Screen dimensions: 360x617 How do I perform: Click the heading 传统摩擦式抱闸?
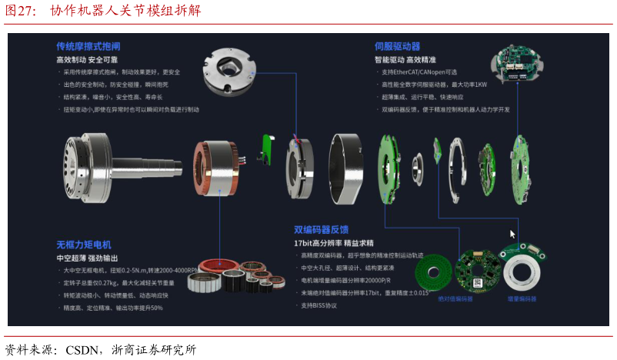(x=88, y=46)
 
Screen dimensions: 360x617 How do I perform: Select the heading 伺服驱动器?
(x=397, y=46)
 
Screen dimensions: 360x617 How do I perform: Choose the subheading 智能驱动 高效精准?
(x=405, y=59)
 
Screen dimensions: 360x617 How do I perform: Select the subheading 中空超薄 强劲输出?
(x=86, y=258)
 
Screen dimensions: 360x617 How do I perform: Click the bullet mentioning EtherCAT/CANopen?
(x=424, y=72)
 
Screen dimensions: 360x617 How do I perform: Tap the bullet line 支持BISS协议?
(x=319, y=305)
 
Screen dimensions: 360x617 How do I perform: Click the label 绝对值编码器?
(x=455, y=298)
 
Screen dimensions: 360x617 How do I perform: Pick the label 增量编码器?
(x=522, y=298)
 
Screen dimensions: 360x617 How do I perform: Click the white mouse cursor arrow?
(x=512, y=234)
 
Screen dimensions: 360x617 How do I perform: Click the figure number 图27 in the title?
(x=20, y=10)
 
